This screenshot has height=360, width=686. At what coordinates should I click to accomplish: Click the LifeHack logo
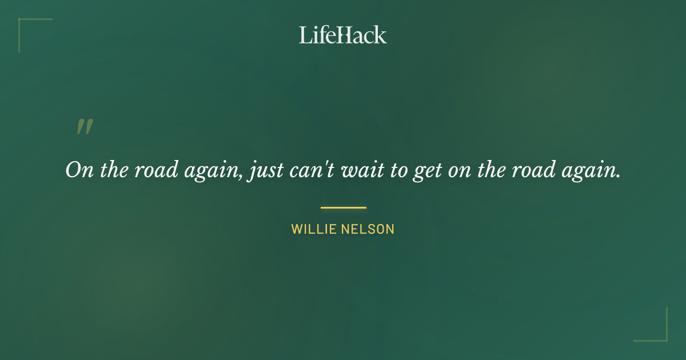point(343,35)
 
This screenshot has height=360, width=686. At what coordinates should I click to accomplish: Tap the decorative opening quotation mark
point(85,127)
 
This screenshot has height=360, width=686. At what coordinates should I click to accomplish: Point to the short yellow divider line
point(343,207)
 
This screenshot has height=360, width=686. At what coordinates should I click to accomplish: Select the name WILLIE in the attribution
point(313,229)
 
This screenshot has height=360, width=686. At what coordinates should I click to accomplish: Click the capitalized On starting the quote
point(79,170)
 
